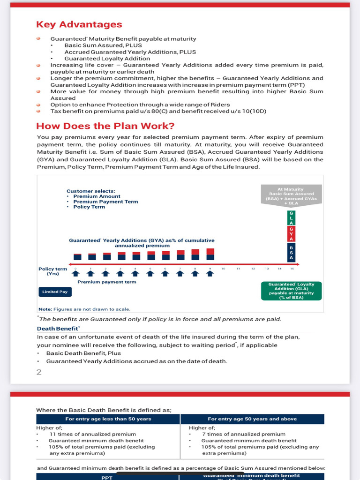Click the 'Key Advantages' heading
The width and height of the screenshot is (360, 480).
tap(79, 25)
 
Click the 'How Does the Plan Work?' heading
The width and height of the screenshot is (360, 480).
tap(105, 126)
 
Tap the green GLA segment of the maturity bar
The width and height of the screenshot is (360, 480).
tap(291, 218)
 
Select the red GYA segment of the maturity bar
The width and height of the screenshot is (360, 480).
tap(291, 233)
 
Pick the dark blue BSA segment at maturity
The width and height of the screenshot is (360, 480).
tap(291, 253)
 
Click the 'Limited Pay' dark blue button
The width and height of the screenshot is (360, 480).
tap(54, 292)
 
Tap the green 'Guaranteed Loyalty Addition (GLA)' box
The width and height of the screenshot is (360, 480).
tap(291, 291)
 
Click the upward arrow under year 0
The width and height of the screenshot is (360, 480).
tap(78, 274)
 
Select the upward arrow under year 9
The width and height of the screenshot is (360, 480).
tap(210, 274)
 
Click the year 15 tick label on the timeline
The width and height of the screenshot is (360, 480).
tap(292, 268)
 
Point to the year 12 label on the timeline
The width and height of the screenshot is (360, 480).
tap(253, 268)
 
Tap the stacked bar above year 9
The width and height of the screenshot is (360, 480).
tap(210, 254)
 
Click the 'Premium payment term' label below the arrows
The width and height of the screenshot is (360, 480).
tap(106, 282)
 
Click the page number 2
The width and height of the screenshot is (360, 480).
tap(39, 372)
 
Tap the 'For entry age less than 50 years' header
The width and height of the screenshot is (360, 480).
tap(108, 419)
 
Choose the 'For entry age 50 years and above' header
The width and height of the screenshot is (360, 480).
tap(252, 419)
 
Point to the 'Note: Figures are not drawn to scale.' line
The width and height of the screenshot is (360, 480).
tap(84, 309)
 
